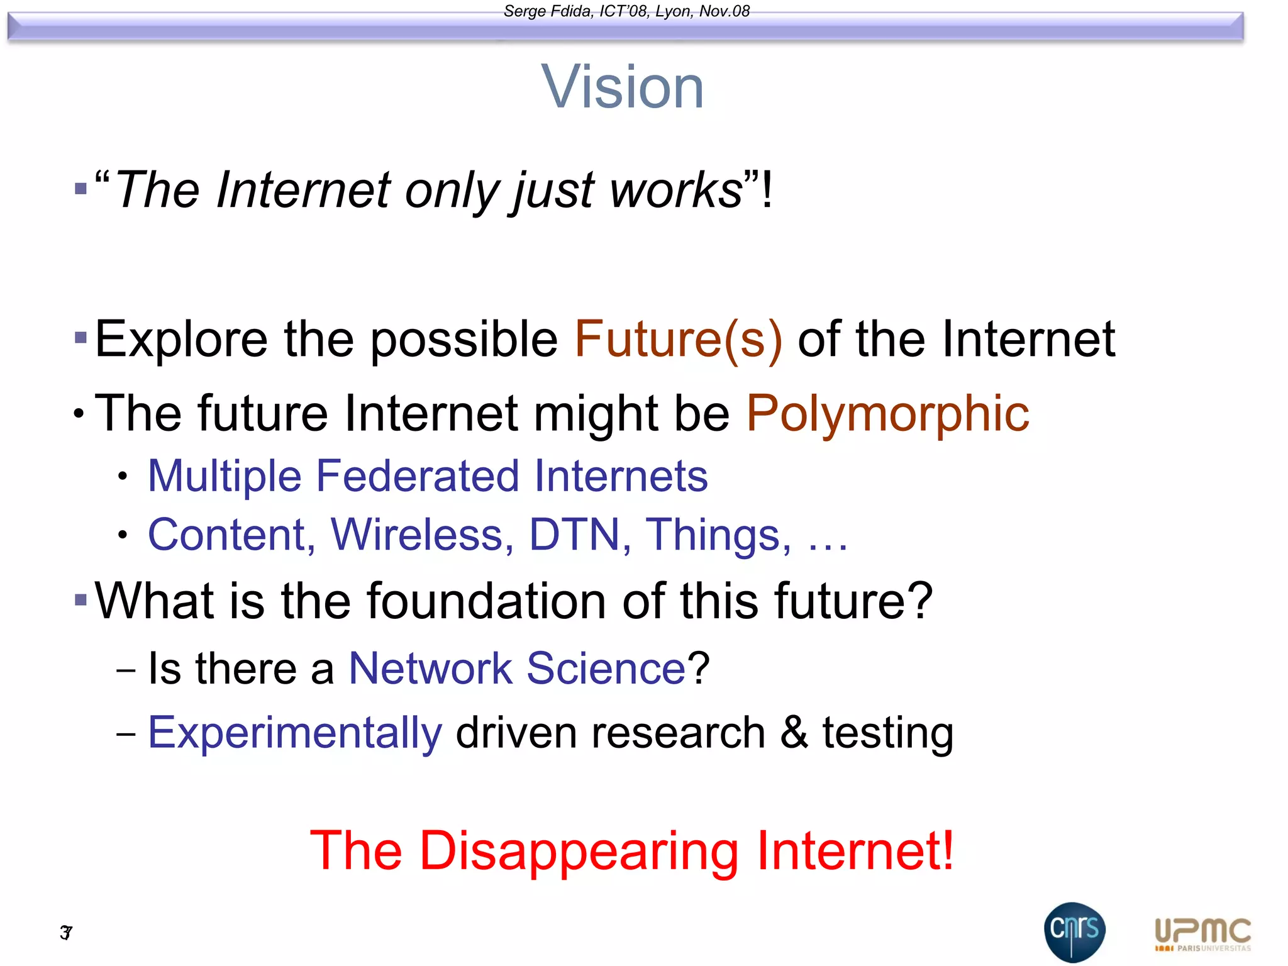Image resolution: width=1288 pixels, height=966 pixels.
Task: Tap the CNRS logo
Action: [1074, 931]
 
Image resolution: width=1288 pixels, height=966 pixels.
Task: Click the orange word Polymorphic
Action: [887, 414]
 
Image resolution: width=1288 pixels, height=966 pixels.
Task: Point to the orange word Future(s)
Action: [678, 340]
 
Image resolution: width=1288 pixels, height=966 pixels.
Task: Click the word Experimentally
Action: [295, 733]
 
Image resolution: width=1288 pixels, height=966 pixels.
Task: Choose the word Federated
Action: [418, 476]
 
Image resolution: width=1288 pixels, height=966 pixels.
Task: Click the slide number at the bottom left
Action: [66, 932]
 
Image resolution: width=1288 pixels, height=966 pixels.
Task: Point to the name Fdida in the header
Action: [572, 11]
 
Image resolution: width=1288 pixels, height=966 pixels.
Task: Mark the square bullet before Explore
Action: [80, 338]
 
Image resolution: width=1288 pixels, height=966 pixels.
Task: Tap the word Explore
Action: [182, 340]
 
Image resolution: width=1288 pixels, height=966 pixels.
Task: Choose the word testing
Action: [887, 733]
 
